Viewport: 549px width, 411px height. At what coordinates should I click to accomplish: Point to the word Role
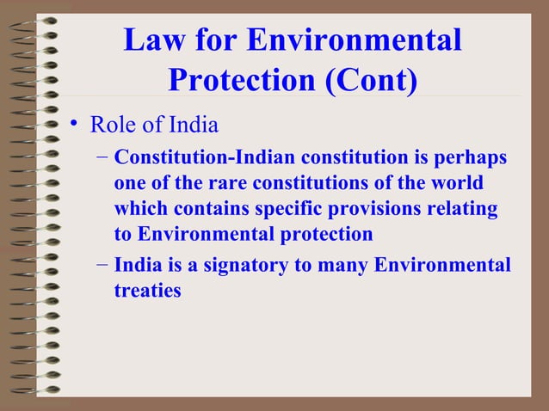(x=112, y=126)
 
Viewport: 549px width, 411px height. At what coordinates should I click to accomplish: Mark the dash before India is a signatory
(x=102, y=266)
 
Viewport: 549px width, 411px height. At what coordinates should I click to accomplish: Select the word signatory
(x=244, y=267)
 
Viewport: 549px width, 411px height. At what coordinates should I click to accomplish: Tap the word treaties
(x=147, y=291)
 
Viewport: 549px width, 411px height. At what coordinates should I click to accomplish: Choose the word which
(x=143, y=208)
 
